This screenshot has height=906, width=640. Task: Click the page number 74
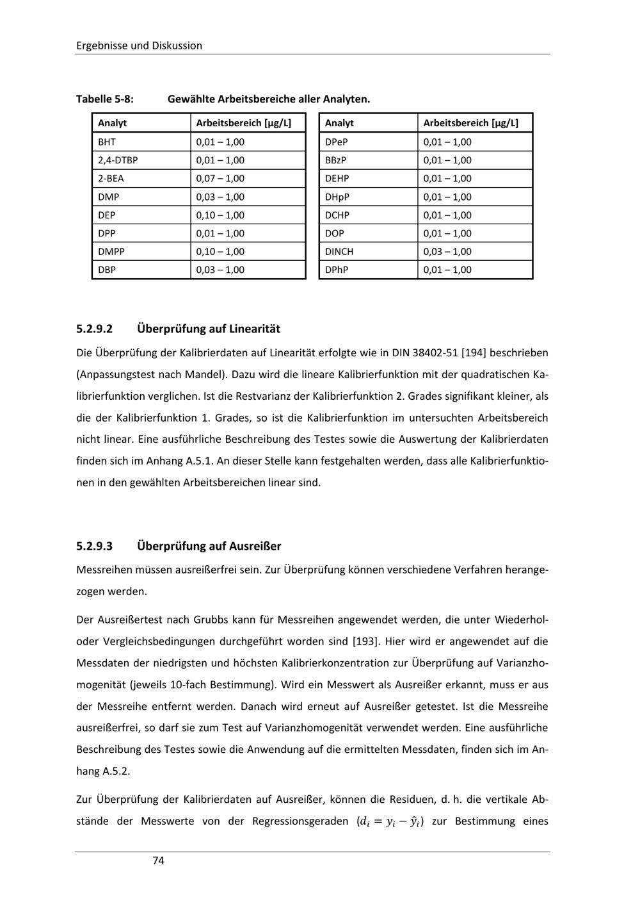(159, 861)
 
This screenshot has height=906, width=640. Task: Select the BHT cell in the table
(107, 142)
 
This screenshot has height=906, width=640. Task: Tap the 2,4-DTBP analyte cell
(118, 160)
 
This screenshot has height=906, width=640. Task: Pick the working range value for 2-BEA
(220, 178)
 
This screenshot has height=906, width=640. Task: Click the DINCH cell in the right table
(339, 251)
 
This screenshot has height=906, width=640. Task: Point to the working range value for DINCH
(447, 251)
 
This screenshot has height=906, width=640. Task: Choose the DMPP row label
(111, 251)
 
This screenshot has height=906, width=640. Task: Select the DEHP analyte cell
(337, 178)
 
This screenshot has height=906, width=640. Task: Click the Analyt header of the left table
(112, 122)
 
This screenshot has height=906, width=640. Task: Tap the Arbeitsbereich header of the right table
(470, 122)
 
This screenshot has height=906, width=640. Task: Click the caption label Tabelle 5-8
(105, 99)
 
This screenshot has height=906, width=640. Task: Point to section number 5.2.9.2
(94, 329)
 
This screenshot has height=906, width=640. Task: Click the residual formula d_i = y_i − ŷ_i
(390, 821)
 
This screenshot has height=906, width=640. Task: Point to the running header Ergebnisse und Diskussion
(139, 45)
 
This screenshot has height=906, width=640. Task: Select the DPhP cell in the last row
(337, 270)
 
